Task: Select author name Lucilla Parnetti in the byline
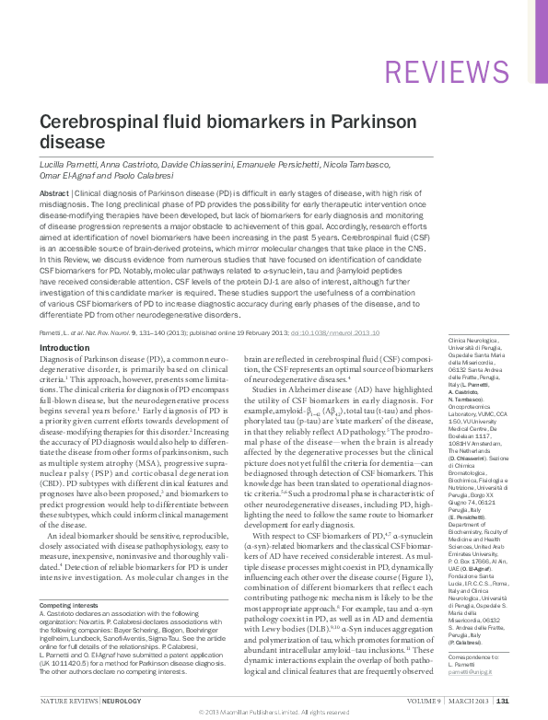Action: click(x=69, y=161)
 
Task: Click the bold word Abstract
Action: click(x=53, y=193)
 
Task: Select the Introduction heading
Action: click(x=64, y=347)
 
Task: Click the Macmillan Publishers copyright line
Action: click(x=274, y=713)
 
